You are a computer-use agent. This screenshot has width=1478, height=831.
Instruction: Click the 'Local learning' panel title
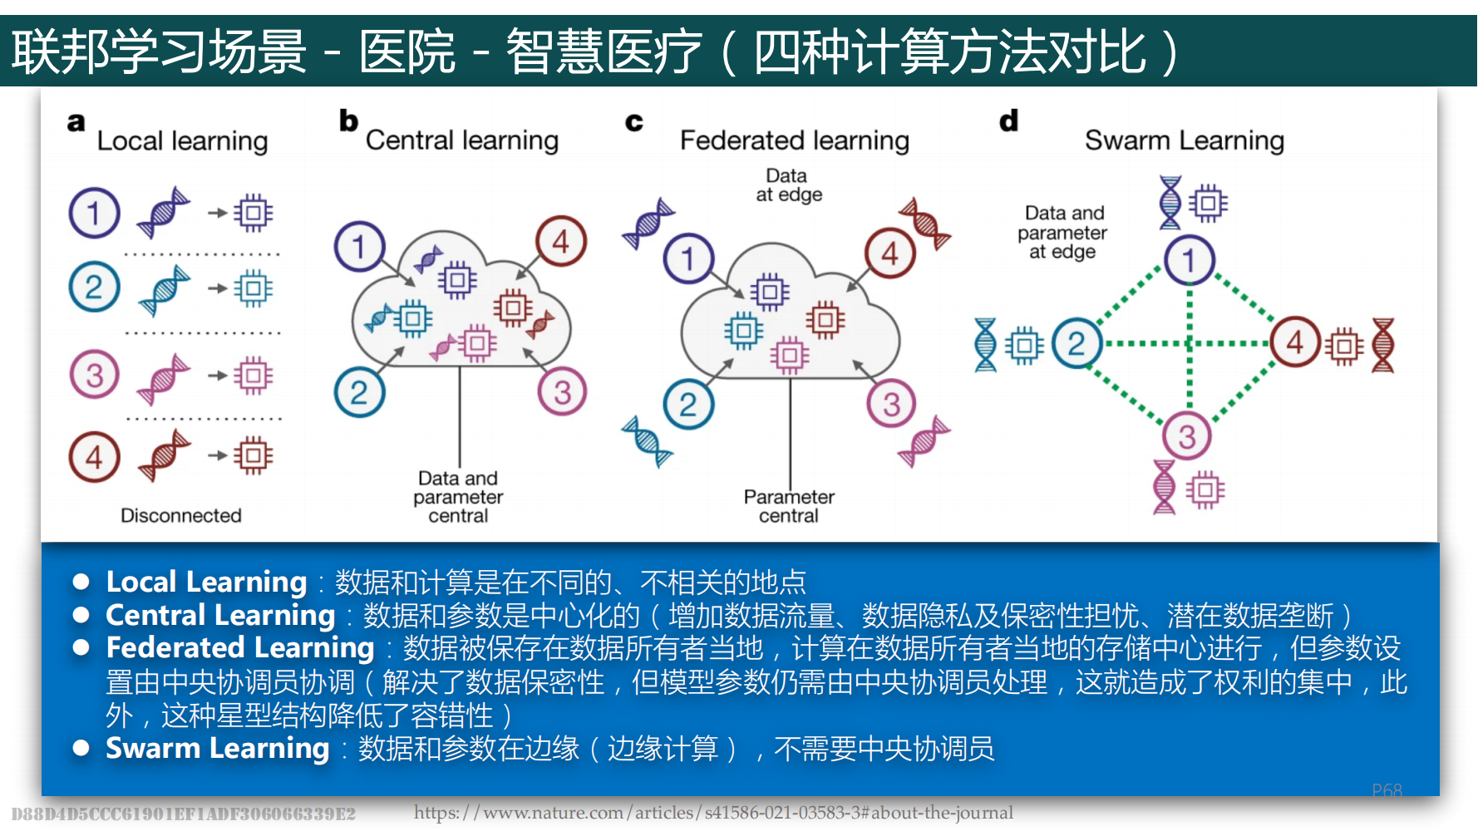(x=182, y=141)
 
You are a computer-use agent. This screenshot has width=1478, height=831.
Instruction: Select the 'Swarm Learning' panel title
(x=1184, y=140)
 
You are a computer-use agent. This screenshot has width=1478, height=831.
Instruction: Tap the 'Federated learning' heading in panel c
(x=794, y=140)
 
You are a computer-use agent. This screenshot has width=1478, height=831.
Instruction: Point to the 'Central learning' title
(x=461, y=140)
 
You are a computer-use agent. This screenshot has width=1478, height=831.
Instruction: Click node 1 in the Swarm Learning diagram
(x=1189, y=260)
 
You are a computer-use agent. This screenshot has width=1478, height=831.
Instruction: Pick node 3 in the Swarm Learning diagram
(x=1186, y=436)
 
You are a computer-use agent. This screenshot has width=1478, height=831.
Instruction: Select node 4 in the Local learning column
(x=94, y=457)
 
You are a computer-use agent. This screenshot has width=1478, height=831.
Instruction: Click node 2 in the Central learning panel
(x=359, y=392)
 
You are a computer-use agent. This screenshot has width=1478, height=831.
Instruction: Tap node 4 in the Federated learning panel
(x=889, y=253)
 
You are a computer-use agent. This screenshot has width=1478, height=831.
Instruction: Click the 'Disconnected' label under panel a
(x=180, y=515)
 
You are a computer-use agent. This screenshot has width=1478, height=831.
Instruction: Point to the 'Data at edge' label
(x=788, y=185)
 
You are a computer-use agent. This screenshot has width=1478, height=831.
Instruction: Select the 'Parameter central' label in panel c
(x=788, y=506)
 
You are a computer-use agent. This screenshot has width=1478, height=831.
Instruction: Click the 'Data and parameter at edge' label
(x=1062, y=233)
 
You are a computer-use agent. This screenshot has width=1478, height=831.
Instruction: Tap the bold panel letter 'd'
(x=1008, y=121)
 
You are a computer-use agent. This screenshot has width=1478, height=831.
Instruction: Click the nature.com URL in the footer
(x=713, y=813)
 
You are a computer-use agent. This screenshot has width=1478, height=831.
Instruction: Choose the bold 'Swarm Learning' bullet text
(x=218, y=748)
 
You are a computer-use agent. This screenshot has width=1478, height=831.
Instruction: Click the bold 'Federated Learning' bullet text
(x=240, y=647)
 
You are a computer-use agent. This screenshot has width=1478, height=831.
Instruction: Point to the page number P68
(x=1387, y=790)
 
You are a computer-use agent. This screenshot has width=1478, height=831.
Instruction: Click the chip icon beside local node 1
(x=253, y=213)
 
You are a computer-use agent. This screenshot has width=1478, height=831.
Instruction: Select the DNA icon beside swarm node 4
(x=1382, y=345)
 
